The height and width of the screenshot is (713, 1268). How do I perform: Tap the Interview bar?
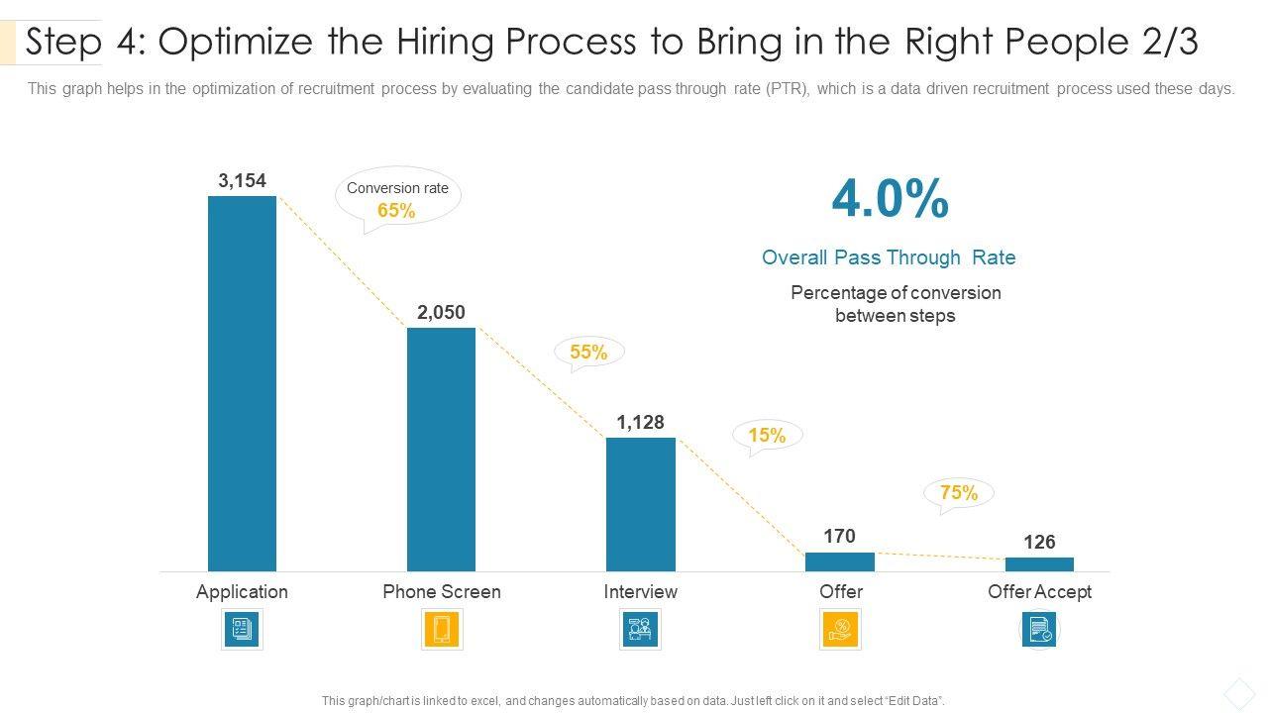pos(640,504)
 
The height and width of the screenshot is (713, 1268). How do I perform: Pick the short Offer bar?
pos(840,561)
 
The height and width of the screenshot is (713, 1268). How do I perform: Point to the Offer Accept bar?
pos(1039,564)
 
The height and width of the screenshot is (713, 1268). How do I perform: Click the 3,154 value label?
pos(242,180)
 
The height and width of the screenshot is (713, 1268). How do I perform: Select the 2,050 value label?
pos(441,312)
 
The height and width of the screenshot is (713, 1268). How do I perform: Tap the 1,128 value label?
pos(640,423)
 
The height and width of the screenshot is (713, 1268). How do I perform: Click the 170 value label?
pos(839,536)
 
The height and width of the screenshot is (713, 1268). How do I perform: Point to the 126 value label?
pos(1039,542)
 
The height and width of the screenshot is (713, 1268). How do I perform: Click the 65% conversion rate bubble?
pos(397,198)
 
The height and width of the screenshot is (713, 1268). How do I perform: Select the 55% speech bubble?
pos(588,352)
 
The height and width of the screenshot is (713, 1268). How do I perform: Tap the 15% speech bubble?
pos(767,435)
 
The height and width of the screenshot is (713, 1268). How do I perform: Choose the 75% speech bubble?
pos(958,492)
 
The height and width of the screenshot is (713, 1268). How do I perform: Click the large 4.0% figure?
pos(890,200)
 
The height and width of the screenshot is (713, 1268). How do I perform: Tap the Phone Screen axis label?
pos(442,591)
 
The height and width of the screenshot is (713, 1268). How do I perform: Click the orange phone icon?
pos(442,629)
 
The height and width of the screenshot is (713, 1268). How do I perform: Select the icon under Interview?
pos(640,629)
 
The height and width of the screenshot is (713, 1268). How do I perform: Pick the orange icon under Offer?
pos(840,629)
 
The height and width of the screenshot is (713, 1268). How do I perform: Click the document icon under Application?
pos(242,629)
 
